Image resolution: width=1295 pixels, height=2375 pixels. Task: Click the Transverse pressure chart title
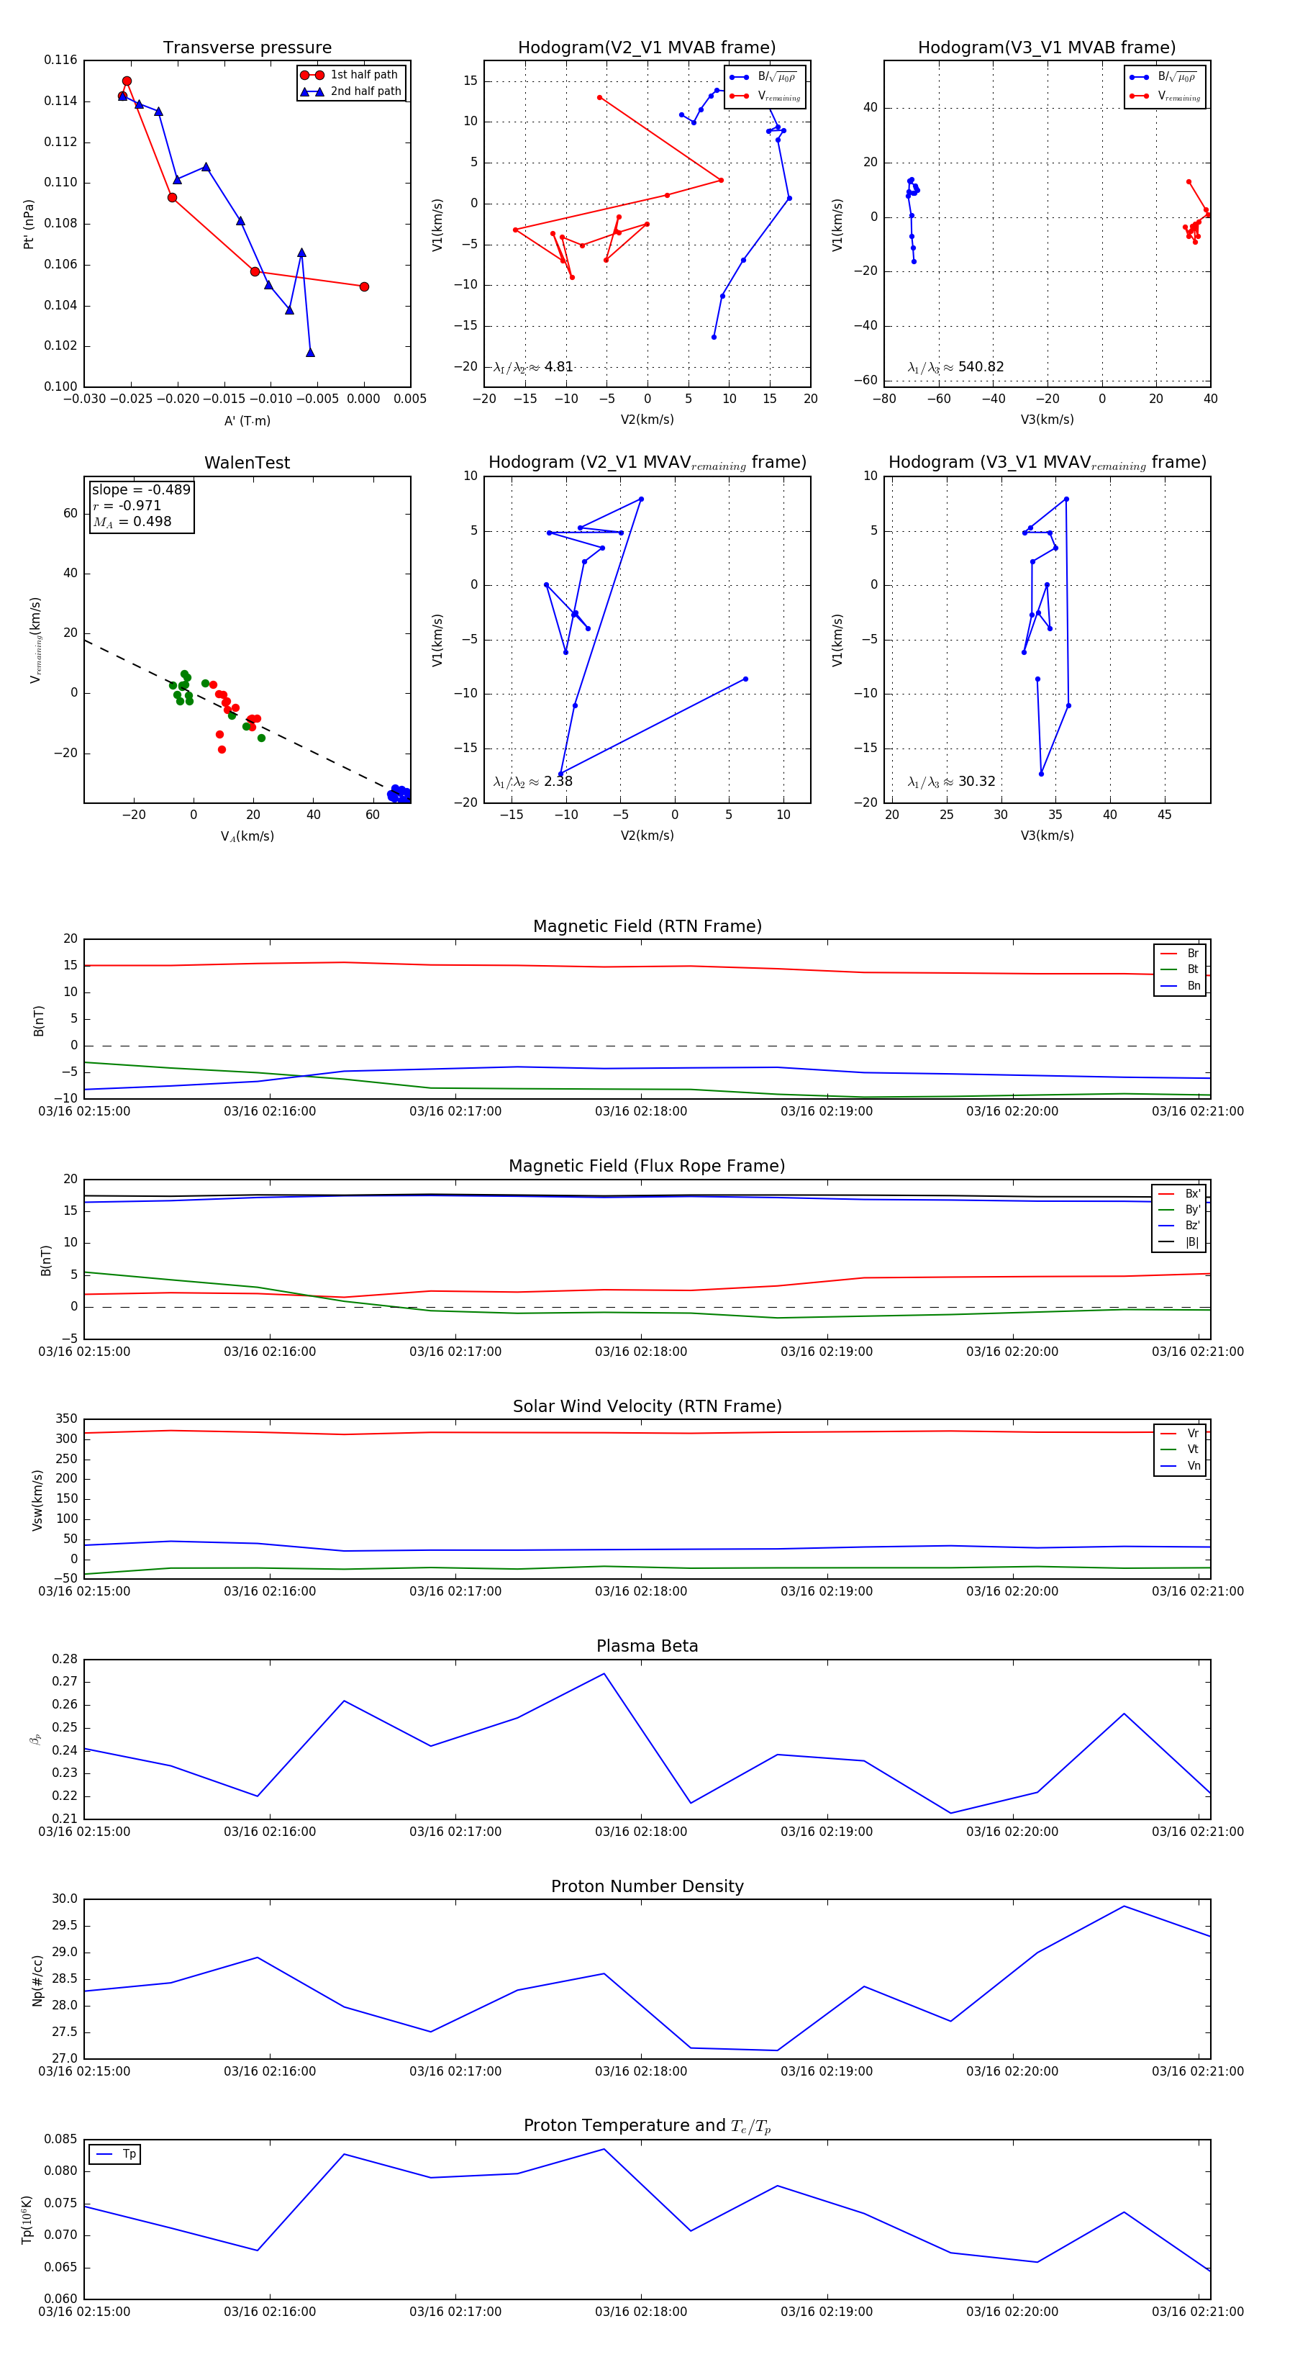(247, 48)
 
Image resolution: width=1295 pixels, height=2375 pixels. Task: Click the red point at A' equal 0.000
(364, 286)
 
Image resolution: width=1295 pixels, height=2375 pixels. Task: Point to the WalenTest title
(247, 463)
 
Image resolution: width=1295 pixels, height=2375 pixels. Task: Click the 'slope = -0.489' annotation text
(141, 489)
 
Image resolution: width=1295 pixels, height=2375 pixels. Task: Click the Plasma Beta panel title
(647, 1647)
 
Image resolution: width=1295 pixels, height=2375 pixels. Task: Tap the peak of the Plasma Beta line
(604, 1674)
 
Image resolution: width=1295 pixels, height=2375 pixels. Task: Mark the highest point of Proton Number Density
(1124, 1906)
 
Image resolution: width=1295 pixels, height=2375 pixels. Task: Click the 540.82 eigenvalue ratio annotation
(981, 367)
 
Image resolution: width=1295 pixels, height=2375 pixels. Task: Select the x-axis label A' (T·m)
(247, 421)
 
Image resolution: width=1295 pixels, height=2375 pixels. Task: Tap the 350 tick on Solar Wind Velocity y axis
(66, 1419)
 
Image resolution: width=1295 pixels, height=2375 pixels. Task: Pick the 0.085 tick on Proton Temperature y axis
(61, 2139)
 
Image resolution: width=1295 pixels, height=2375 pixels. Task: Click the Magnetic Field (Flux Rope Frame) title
(647, 1167)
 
